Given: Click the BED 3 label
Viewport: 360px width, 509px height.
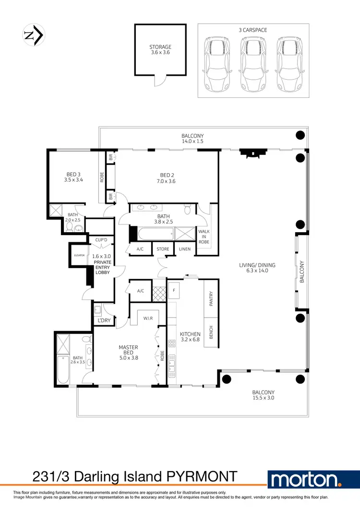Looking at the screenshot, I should point(74,175).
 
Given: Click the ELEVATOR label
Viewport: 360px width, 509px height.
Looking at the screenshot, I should point(79,255).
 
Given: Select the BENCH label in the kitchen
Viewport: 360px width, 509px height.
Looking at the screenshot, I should point(211,332).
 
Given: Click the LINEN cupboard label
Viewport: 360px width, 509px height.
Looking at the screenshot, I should point(184,249).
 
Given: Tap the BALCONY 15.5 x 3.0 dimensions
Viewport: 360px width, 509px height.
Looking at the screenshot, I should point(264,398).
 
